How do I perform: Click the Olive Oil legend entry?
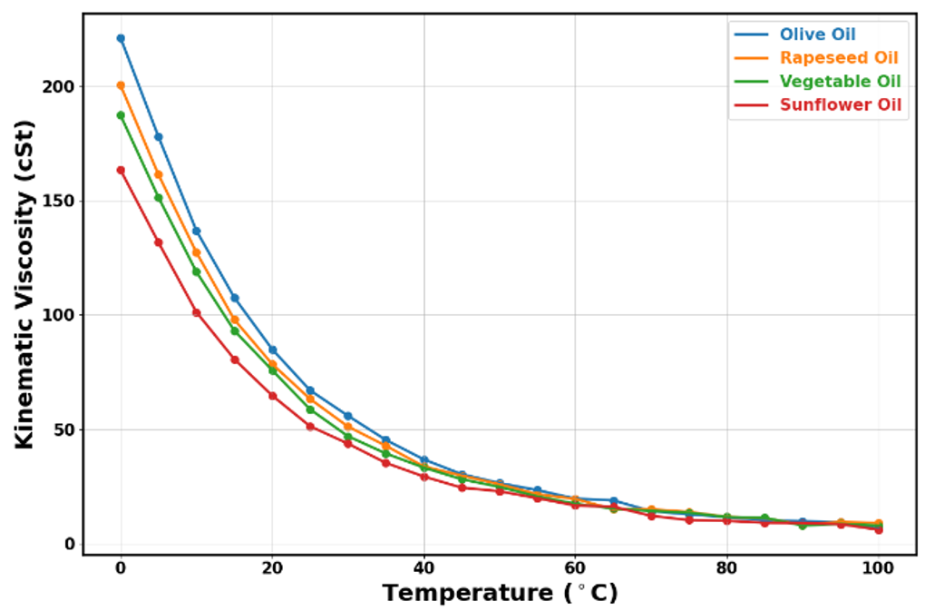pyautogui.click(x=817, y=34)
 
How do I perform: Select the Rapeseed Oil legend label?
pyautogui.click(x=839, y=58)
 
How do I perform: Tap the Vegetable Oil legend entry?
pyautogui.click(x=840, y=82)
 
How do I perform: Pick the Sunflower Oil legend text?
pyautogui.click(x=840, y=105)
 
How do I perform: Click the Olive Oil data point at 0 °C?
pyautogui.click(x=121, y=38)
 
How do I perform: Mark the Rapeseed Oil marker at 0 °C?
pyautogui.click(x=121, y=85)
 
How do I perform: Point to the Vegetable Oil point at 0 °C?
pyautogui.click(x=121, y=115)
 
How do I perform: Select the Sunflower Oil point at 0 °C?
pyautogui.click(x=121, y=170)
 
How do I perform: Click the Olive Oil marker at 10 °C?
pyautogui.click(x=196, y=231)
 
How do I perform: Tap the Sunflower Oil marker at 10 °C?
pyautogui.click(x=196, y=312)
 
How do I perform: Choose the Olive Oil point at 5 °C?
pyautogui.click(x=159, y=137)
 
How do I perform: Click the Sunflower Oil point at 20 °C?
pyautogui.click(x=272, y=396)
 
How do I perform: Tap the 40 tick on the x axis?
pyautogui.click(x=424, y=568)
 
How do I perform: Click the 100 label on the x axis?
pyautogui.click(x=878, y=568)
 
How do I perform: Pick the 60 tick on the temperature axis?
pyautogui.click(x=575, y=568)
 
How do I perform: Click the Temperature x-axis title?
pyautogui.click(x=500, y=594)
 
